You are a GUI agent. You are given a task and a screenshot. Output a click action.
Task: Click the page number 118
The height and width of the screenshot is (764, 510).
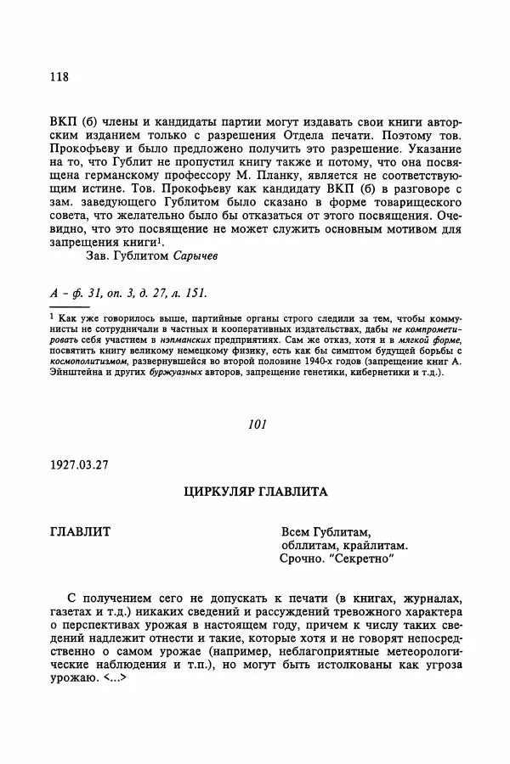59,78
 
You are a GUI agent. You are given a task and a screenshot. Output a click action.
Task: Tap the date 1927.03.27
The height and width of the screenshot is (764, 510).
80,464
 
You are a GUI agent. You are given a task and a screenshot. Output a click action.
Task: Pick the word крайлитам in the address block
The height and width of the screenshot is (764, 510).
372,545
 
